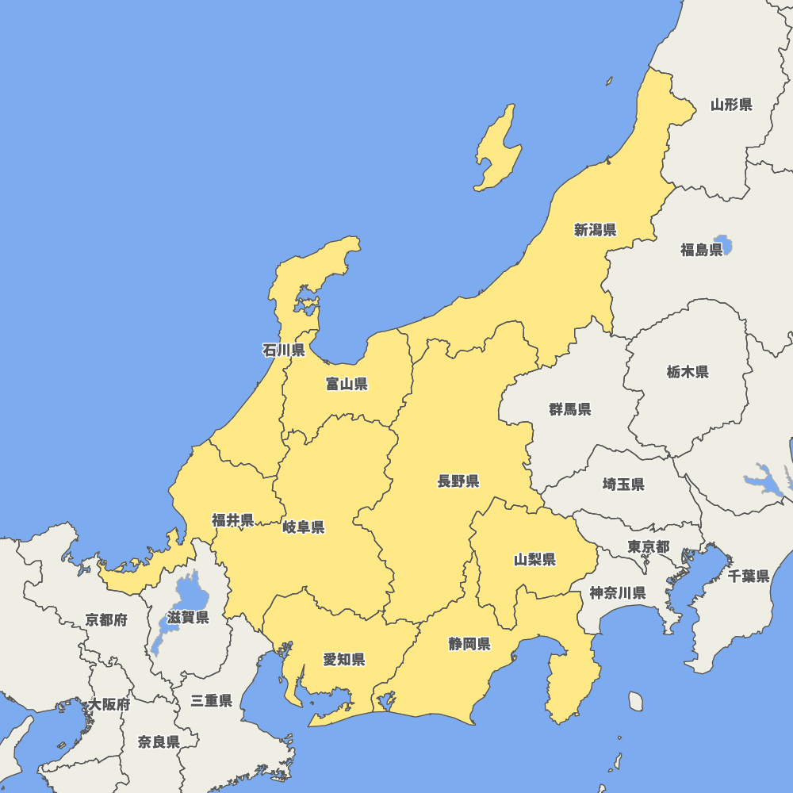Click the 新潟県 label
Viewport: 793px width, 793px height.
click(595, 230)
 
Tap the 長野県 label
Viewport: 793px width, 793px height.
click(458, 481)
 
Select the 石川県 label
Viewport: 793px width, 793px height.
click(283, 350)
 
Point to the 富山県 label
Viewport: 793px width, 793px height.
click(347, 385)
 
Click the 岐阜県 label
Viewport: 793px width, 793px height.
click(303, 527)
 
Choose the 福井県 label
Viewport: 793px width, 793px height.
click(232, 520)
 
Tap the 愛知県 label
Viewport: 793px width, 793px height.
click(343, 659)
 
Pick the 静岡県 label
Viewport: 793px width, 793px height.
click(469, 643)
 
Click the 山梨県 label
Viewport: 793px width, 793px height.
click(534, 560)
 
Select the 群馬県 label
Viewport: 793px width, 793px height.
click(569, 409)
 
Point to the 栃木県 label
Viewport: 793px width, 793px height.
click(688, 371)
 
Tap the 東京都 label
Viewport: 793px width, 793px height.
click(648, 546)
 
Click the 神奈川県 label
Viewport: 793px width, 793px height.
click(617, 592)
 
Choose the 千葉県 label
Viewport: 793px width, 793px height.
click(749, 577)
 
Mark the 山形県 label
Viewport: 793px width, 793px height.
click(731, 104)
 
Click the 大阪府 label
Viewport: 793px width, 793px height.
click(109, 703)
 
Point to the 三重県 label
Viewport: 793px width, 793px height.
click(211, 700)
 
